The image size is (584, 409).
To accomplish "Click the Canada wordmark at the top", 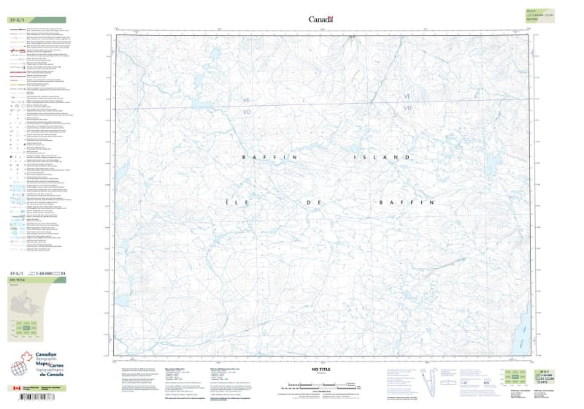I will [x=320, y=19].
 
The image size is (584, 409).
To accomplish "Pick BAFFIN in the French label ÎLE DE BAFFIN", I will [x=406, y=201].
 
